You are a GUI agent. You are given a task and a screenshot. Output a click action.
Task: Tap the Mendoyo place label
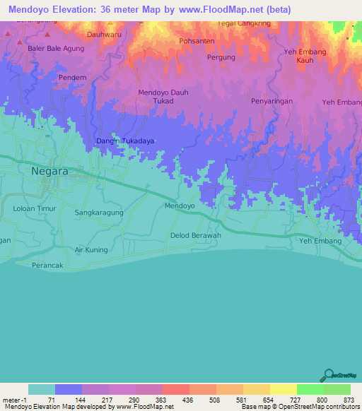(x=179, y=206)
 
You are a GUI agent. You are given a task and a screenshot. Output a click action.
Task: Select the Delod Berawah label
(x=196, y=235)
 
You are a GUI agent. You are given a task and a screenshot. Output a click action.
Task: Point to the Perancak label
(x=48, y=265)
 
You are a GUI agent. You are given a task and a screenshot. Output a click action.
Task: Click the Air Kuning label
(x=91, y=250)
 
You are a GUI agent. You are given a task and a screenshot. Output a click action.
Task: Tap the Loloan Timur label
(x=34, y=209)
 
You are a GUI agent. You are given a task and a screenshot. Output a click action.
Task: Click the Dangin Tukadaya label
(x=124, y=141)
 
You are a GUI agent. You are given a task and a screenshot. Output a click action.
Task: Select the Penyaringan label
(x=271, y=102)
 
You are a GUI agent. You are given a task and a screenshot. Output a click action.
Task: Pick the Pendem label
(x=73, y=77)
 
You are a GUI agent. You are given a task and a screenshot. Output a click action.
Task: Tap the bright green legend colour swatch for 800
(x=310, y=389)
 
